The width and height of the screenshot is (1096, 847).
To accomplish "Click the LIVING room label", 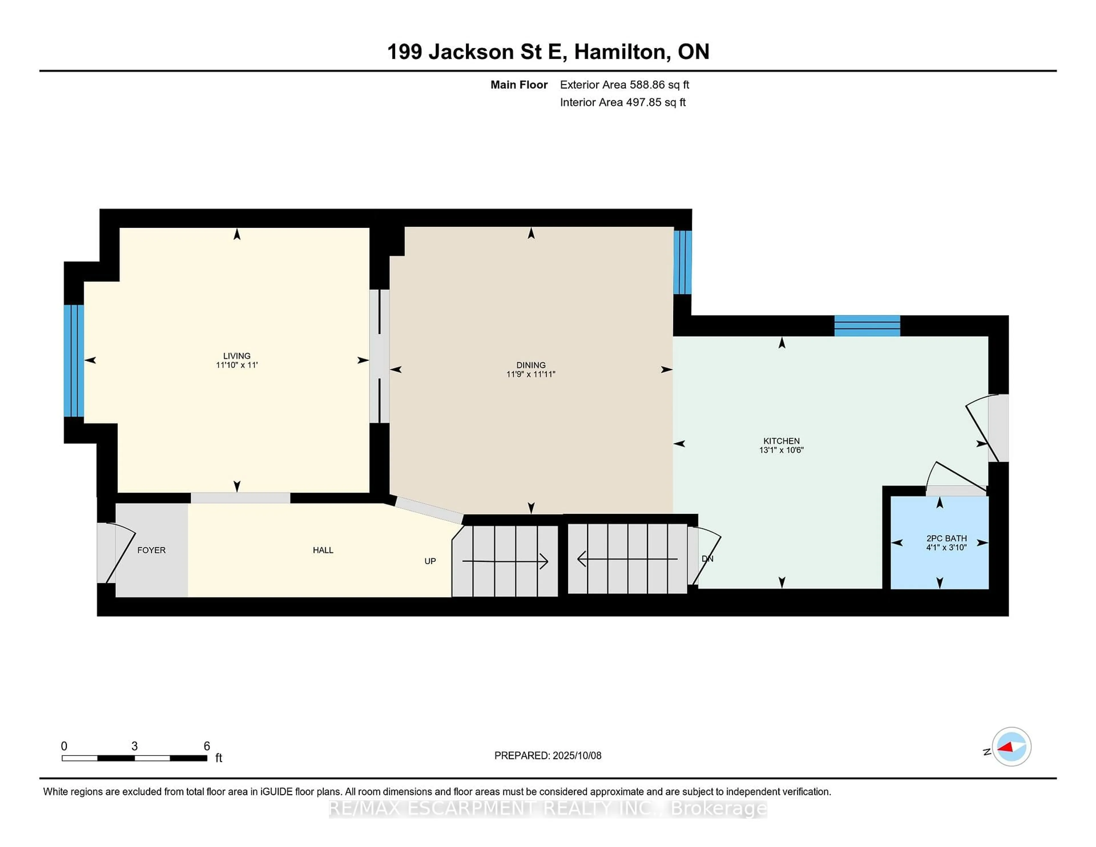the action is coord(237,356).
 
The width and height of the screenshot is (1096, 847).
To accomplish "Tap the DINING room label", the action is coord(531,365).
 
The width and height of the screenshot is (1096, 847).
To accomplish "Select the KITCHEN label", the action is coord(781,441).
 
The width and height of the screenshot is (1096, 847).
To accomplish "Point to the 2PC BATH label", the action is coord(946,539).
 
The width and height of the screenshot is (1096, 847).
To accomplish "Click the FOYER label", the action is coord(152,550).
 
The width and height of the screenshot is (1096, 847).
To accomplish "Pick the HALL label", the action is coord(323,550).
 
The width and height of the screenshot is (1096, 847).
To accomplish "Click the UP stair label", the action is coord(430,561).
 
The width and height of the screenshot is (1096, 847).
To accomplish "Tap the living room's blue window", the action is coord(74,361).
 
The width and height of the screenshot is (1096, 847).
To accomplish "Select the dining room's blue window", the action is coord(682,262).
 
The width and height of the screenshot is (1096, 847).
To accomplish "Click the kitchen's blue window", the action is coord(867,326).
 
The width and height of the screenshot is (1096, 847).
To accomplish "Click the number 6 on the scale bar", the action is coord(207,746).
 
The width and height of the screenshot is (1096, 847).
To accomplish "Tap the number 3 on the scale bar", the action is coord(134,746).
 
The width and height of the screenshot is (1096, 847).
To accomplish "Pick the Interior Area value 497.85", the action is coord(644,102).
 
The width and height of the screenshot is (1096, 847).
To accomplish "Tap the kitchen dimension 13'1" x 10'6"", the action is coord(781,450).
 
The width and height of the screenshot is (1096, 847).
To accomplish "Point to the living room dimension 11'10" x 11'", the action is coord(237,365).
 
